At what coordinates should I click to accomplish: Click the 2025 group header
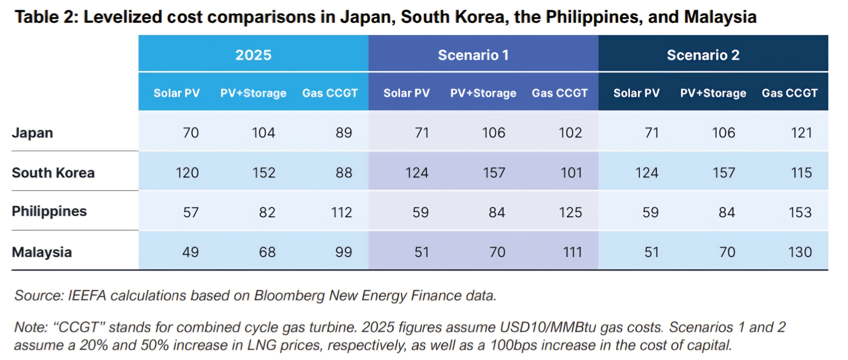(x=253, y=55)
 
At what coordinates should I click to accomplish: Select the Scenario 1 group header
(x=473, y=55)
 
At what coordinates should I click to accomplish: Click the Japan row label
(x=32, y=133)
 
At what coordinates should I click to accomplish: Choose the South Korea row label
(x=53, y=173)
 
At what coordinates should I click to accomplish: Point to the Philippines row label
(x=49, y=211)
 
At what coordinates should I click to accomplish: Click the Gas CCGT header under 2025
(x=330, y=93)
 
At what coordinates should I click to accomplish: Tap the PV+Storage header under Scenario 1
(x=483, y=93)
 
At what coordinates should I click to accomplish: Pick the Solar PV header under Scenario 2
(x=636, y=93)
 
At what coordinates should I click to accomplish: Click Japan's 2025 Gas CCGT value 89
(x=344, y=133)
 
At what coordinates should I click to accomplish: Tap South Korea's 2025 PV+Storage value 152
(x=264, y=173)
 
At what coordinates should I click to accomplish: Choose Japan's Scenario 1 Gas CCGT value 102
(x=570, y=133)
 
